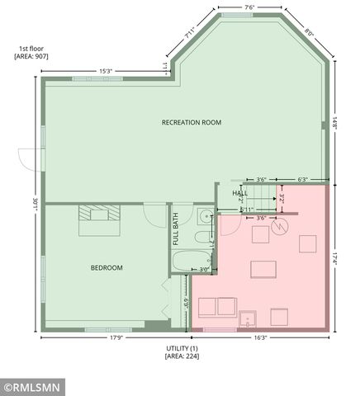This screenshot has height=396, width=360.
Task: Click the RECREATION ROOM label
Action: (x=192, y=122)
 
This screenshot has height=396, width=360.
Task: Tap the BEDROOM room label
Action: (x=107, y=267)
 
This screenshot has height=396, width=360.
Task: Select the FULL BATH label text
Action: (x=176, y=230)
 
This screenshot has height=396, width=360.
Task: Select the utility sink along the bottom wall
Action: (x=247, y=316)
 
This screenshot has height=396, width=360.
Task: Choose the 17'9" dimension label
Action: (x=114, y=337)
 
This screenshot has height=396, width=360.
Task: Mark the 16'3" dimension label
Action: (x=258, y=337)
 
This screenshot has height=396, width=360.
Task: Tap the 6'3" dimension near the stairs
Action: (x=302, y=179)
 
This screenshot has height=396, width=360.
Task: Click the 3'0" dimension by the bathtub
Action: (x=204, y=269)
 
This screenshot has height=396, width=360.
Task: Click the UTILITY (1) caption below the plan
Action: (x=179, y=353)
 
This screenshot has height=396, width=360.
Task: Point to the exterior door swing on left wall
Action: (x=26, y=160)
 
